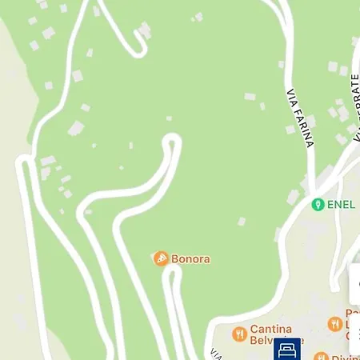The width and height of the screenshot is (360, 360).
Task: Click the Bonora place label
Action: [190, 259]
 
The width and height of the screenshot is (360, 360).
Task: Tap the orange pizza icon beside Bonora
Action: [161, 259]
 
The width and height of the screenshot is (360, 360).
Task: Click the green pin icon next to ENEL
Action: [318, 204]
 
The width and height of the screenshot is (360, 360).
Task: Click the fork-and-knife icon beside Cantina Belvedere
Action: [238, 334]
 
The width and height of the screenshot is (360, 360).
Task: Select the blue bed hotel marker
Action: [287, 350]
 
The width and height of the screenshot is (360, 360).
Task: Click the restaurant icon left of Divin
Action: [321, 356]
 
